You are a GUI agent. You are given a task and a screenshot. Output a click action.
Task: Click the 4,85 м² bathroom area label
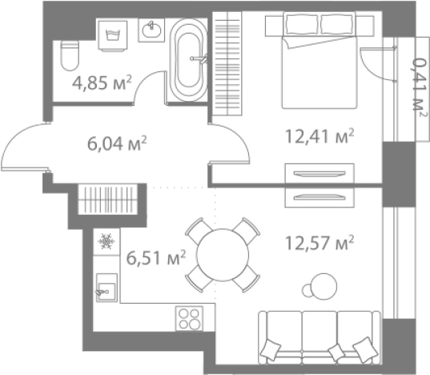[x=102, y=83]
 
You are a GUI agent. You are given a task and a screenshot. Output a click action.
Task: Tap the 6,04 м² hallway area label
[x=117, y=143]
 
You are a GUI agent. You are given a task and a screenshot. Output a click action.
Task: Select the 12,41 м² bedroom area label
[x=319, y=136]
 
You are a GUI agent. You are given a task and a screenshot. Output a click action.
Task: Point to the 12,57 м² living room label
[x=319, y=243]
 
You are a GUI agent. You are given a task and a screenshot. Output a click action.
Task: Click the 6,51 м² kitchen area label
[x=156, y=258]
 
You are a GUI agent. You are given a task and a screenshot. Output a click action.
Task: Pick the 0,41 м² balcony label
[x=420, y=87]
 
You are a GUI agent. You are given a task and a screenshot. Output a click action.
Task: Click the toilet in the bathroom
[x=70, y=55]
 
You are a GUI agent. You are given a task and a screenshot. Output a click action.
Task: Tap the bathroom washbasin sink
[x=151, y=30]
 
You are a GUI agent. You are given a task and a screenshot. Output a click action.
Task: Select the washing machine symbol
[x=113, y=36]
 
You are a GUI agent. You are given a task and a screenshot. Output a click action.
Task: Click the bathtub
[x=188, y=60]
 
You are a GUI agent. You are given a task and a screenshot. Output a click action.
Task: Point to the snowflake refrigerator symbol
[x=106, y=241]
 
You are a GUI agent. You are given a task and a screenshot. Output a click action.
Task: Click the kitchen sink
[x=106, y=288]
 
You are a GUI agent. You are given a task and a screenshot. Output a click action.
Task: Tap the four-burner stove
[x=189, y=318]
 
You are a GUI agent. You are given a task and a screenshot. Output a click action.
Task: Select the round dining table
[x=223, y=255]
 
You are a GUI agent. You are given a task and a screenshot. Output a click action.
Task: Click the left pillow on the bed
[x=301, y=24]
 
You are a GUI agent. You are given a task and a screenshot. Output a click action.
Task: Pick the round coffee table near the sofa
[x=324, y=286]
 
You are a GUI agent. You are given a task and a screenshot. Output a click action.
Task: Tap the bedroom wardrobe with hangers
[x=227, y=63]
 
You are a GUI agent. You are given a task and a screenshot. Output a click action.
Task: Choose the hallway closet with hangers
[x=107, y=200]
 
